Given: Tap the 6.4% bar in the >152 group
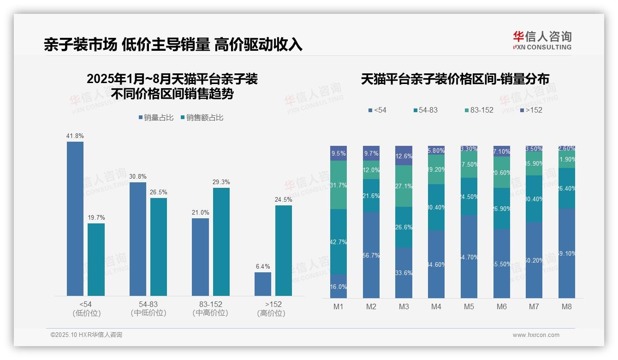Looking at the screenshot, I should pos(263,284).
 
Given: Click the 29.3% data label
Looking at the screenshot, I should pos(221,182).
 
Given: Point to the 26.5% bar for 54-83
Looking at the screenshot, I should pos(159,246).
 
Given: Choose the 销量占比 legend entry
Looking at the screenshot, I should pos(156,118).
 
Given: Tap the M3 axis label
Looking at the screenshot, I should pos(404,307).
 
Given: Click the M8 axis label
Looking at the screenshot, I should pos(567,307).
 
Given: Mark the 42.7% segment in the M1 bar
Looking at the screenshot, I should pos(339,242).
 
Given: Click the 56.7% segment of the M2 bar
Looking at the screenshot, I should pos(371,255).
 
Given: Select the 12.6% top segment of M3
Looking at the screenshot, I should pos(404,156).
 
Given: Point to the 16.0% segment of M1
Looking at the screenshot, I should pos(339,286).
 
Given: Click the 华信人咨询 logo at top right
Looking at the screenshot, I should pos(542,40).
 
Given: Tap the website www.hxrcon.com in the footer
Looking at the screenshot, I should pos(536,335).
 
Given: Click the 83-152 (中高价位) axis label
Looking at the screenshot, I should pos(210,309).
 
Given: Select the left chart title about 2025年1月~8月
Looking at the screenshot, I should pos(172,86).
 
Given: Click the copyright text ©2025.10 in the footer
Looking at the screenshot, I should pos(86,335).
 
